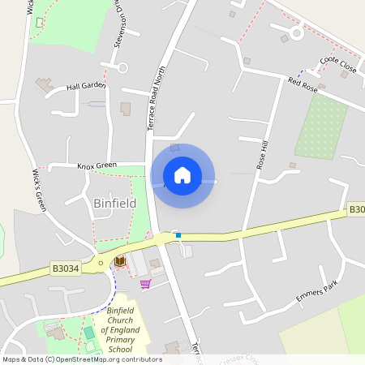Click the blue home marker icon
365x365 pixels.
(x=182, y=175)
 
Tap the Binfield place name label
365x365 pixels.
(x=115, y=202)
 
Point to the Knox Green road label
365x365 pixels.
(x=97, y=165)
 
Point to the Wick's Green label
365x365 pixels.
(x=39, y=191)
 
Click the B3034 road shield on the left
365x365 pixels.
(x=66, y=268)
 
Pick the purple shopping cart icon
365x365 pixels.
(x=145, y=284)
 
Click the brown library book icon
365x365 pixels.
(x=120, y=261)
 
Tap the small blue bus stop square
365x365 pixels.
(x=178, y=236)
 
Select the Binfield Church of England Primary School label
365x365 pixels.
(x=123, y=329)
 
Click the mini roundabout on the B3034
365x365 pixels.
(x=101, y=263)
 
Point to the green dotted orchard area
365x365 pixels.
(x=321, y=126)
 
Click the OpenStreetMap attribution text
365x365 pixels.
(x=82, y=359)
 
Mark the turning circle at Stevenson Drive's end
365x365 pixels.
(x=122, y=68)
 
